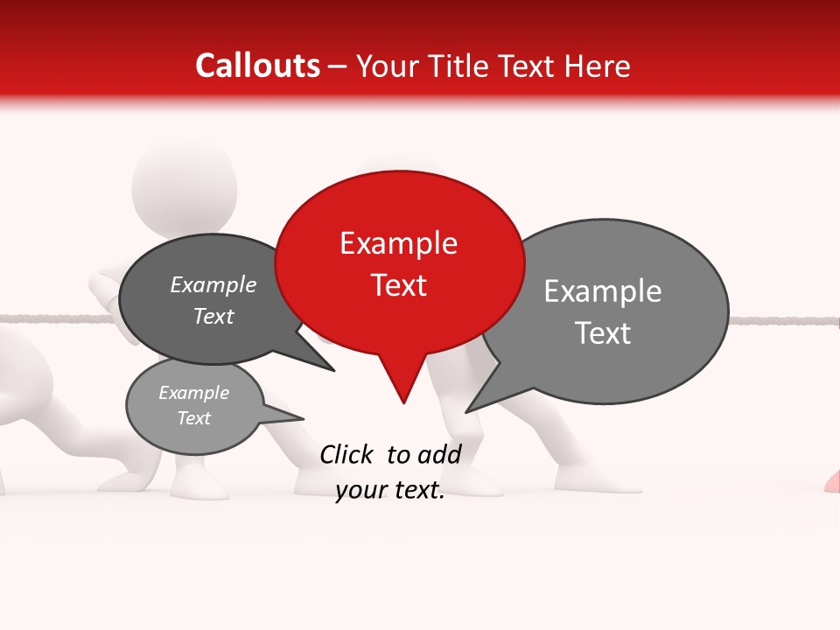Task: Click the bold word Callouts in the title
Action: (257, 66)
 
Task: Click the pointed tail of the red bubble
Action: (402, 389)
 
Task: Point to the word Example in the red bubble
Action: (398, 243)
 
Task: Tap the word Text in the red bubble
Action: (399, 285)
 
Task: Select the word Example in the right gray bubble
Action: (603, 291)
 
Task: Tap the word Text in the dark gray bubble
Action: (213, 317)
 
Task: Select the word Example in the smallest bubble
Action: (193, 393)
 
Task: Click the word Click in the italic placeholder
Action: (348, 454)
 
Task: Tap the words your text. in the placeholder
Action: (390, 491)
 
